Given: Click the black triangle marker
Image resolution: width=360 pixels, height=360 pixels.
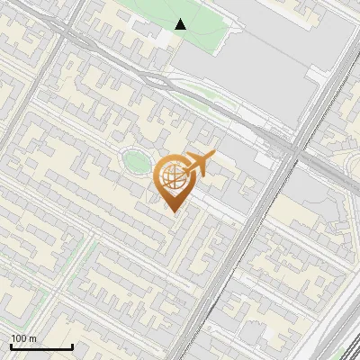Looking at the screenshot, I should click(x=181, y=24).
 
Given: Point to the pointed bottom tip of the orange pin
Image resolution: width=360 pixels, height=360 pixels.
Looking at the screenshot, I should click(x=174, y=211).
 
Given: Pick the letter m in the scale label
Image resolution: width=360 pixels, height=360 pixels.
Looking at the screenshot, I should click(x=33, y=338).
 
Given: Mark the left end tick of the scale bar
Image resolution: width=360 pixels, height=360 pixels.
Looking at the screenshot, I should click(x=11, y=346).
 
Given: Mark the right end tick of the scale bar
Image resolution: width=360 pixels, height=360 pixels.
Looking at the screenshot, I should click(x=72, y=346).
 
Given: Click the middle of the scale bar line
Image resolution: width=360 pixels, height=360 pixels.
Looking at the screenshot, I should click(x=41, y=347).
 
